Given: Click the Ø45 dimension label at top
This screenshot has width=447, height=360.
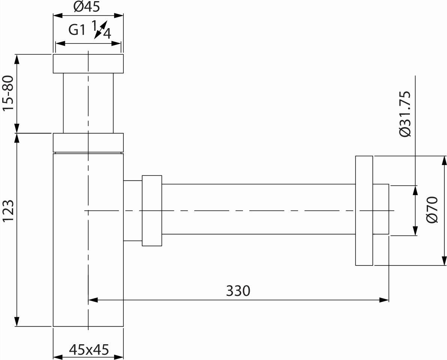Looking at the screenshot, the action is click(87, 7).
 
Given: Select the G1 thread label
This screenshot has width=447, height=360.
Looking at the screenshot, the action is click(77, 30).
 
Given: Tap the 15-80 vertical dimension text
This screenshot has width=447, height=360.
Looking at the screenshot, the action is click(8, 93).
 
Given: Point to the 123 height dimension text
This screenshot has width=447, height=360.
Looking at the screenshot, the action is click(8, 211).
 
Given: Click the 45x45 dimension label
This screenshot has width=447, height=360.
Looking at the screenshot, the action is click(89, 349).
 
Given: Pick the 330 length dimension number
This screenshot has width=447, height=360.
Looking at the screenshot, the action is click(238, 291).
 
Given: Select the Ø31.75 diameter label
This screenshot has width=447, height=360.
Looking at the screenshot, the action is click(405, 114).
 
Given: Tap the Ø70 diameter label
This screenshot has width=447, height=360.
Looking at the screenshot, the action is click(432, 210).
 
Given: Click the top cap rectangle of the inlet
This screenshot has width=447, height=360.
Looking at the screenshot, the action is click(88, 63).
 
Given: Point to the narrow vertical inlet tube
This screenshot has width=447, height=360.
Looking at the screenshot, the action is click(88, 103).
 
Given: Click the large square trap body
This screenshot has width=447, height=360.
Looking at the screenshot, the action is click(88, 240).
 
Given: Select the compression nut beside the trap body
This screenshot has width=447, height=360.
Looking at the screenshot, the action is click(152, 211).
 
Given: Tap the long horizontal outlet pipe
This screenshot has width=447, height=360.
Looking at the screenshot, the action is click(259, 209).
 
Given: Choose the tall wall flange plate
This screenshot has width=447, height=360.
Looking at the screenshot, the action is click(364, 211).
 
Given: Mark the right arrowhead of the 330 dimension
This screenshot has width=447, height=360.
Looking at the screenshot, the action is click(385, 300).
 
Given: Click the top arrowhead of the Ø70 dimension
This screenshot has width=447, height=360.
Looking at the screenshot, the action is click(444, 160).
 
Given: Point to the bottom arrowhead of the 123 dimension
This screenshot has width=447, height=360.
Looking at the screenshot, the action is click(17, 322).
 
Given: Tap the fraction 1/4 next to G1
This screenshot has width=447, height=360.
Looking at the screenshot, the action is click(102, 29).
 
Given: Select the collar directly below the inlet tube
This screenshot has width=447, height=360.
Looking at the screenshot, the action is click(88, 143).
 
